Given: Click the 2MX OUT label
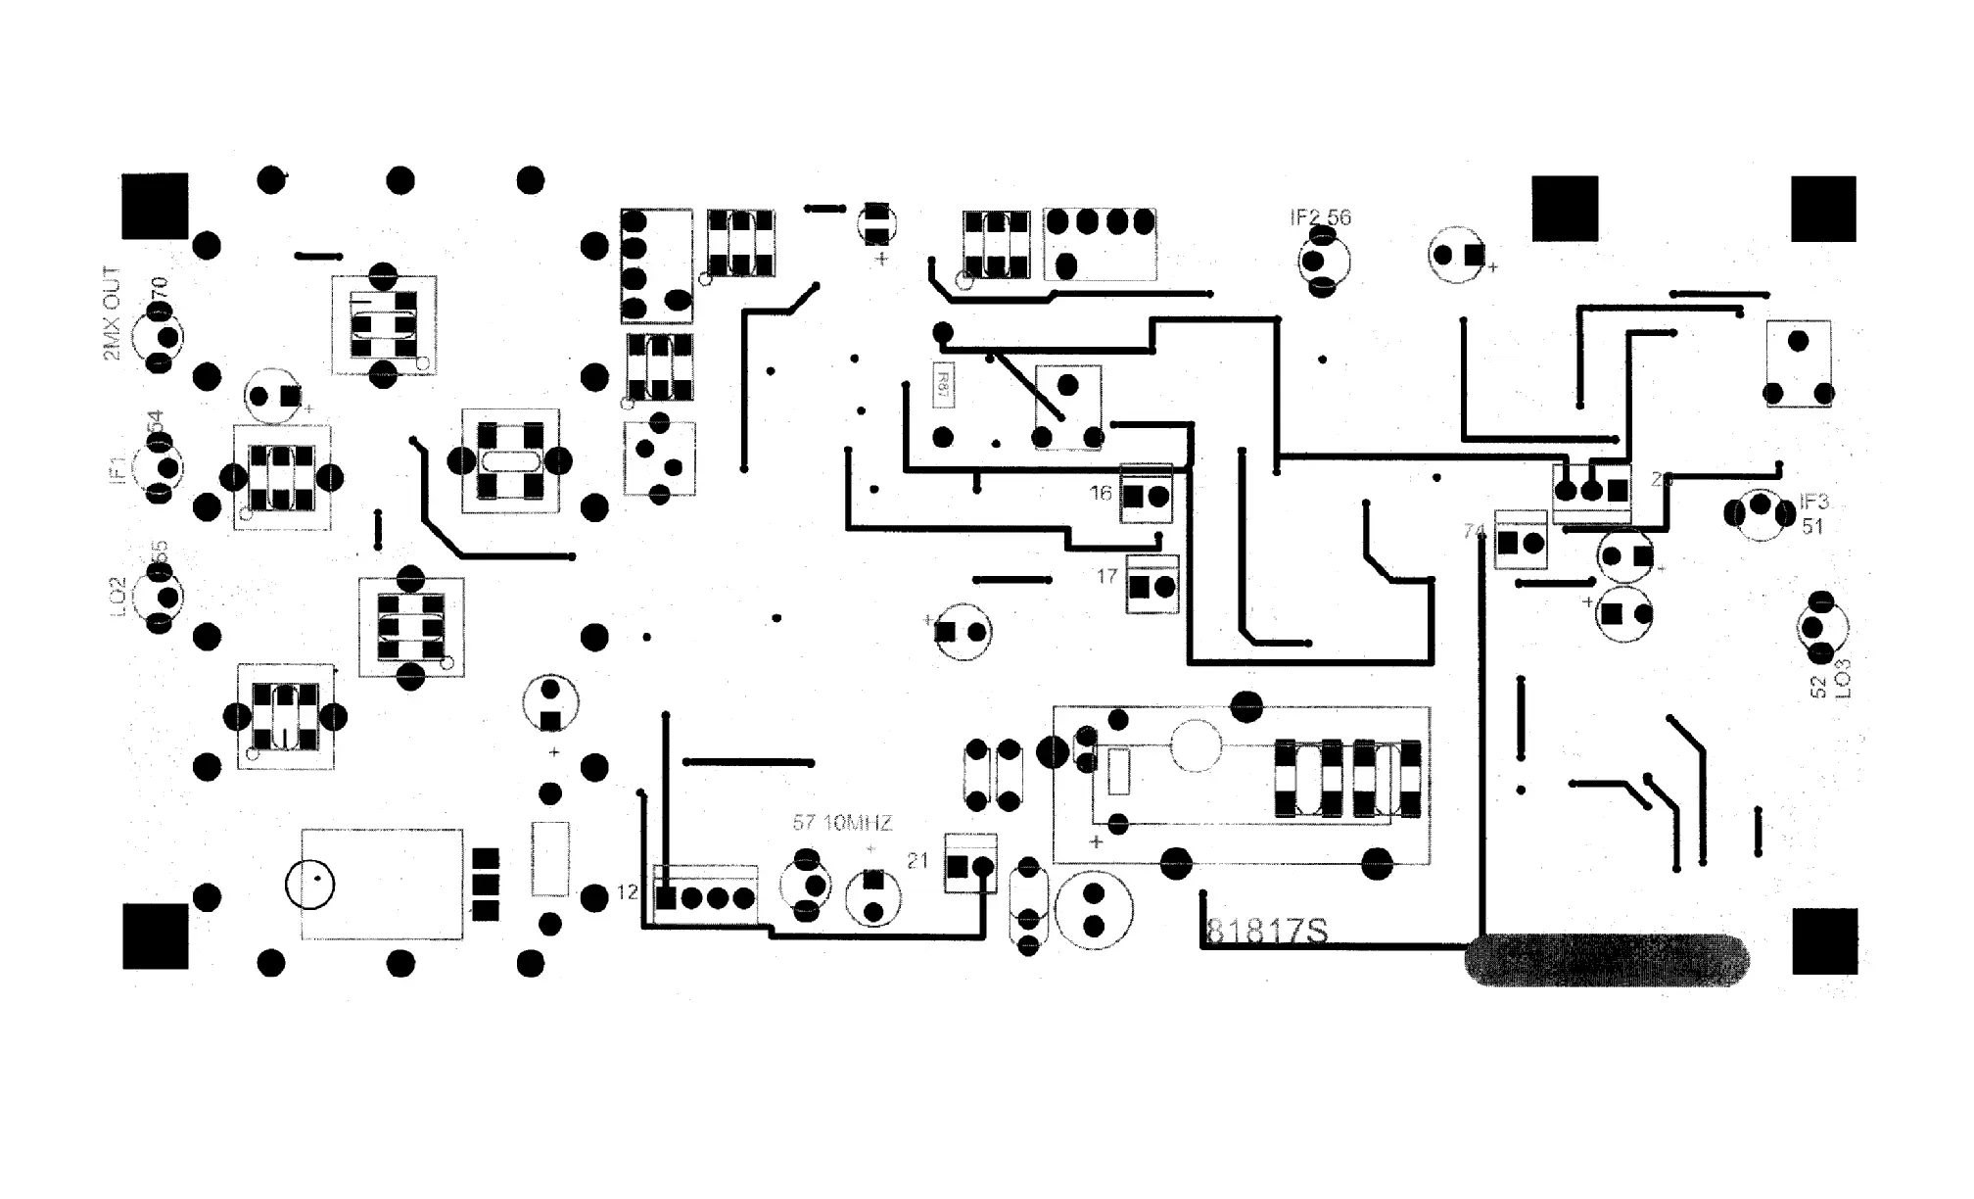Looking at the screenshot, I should click(x=112, y=313).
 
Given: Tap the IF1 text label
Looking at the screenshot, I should click(x=117, y=468).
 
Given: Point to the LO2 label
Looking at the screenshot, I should click(x=117, y=597).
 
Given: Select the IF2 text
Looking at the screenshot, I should click(x=1305, y=217).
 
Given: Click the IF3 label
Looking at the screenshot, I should click(x=1814, y=502).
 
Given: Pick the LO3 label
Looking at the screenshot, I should click(x=1843, y=678).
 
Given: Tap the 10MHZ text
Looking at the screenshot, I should click(x=858, y=823).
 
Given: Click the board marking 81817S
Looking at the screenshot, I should click(x=1267, y=931).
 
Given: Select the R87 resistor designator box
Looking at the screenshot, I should click(x=943, y=384).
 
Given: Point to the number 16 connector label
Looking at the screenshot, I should click(x=1102, y=493).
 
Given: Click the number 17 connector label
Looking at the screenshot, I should click(x=1107, y=576).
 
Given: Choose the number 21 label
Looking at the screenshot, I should click(x=917, y=861).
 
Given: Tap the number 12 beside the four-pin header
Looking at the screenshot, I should click(x=628, y=892).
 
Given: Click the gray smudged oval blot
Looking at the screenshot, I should click(x=1606, y=960).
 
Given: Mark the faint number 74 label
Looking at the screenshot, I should click(x=1474, y=531).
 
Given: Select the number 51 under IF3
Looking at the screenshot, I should click(x=1812, y=526).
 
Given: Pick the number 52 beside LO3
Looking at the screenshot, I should click(x=1819, y=687).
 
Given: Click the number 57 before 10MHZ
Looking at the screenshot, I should click(x=804, y=823).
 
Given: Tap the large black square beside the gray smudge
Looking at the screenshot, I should click(x=1824, y=940).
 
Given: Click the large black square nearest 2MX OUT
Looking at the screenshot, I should click(x=155, y=206).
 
